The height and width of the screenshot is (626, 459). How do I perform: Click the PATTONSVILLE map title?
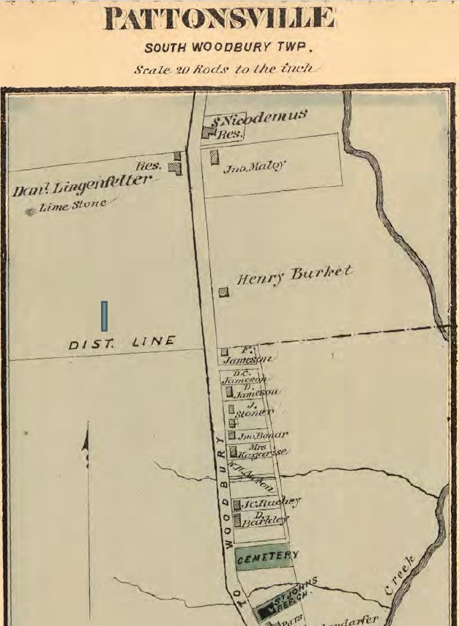[220, 18]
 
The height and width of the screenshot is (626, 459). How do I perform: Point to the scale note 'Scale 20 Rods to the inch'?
[224, 69]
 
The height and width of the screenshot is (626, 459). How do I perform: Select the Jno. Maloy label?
[255, 167]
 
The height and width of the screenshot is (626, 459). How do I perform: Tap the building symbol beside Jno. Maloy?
[214, 157]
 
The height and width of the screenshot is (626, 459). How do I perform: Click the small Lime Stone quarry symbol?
[29, 212]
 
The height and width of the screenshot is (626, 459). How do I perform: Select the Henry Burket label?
[294, 275]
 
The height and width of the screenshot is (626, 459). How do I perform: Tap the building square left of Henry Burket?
[223, 291]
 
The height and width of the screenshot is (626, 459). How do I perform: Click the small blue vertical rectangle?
[104, 316]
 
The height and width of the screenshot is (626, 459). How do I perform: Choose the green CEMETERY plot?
[266, 557]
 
